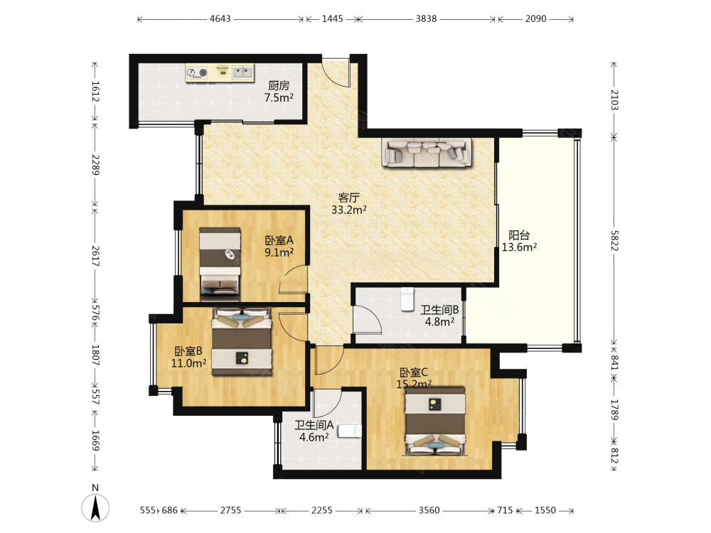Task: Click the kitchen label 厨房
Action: tap(279, 85)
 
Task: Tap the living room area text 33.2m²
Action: tap(348, 210)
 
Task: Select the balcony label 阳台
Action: tap(519, 235)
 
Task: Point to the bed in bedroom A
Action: tap(220, 264)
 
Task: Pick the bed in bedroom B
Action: tap(242, 342)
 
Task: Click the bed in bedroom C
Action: tap(435, 421)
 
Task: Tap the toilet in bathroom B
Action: tap(407, 299)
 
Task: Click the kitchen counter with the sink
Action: tap(220, 72)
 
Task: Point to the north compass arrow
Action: tap(95, 507)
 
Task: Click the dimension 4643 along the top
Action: tap(220, 18)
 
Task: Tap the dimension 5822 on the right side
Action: tap(614, 241)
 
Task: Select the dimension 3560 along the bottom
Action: tap(429, 510)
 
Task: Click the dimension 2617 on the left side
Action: tap(95, 256)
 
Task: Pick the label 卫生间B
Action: tap(439, 310)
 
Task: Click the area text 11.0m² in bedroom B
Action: tap(188, 363)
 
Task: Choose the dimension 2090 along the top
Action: tap(535, 18)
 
